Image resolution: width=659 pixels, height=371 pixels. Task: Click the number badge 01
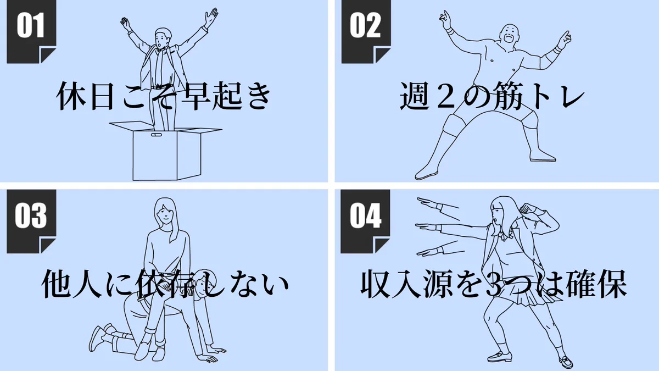[x=31, y=31]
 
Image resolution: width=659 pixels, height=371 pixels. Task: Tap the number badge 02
[x=366, y=31]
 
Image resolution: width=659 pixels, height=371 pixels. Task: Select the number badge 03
[x=31, y=222]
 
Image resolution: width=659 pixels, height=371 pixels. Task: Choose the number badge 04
[x=365, y=222]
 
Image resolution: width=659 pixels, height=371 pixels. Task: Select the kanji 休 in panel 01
[x=71, y=96]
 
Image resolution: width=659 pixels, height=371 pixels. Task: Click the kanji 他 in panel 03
[x=57, y=283]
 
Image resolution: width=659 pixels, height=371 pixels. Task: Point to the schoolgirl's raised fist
[x=526, y=208]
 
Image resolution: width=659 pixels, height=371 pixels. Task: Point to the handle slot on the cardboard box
[x=156, y=135]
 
